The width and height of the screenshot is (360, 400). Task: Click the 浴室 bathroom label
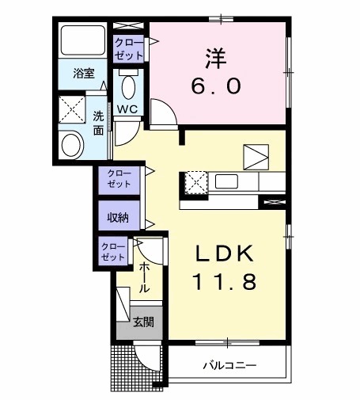85,74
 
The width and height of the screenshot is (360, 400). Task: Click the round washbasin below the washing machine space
73,144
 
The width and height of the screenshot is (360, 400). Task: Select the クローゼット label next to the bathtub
129,48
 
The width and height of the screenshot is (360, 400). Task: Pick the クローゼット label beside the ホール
113,253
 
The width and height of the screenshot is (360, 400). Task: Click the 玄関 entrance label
143,322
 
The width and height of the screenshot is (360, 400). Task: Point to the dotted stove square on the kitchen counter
195,181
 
